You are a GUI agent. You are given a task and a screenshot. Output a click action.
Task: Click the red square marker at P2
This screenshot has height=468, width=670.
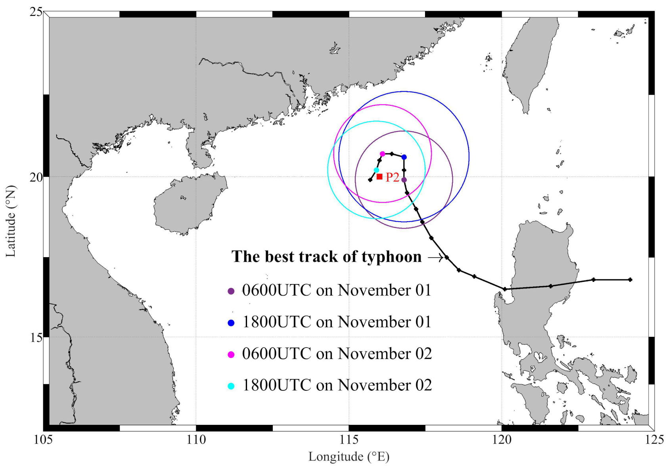pos(379,177)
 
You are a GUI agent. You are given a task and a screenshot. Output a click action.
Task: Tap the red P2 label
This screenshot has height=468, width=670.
pos(392,177)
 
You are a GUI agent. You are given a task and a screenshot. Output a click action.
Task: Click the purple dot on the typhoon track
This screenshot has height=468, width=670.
pos(404,180)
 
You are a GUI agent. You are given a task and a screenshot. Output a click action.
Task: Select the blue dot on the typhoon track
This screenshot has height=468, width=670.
pos(404,157)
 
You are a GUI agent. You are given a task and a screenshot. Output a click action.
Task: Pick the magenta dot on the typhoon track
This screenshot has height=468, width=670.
pos(383,154)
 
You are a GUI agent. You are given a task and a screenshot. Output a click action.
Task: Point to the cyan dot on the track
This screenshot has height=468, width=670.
pos(377,170)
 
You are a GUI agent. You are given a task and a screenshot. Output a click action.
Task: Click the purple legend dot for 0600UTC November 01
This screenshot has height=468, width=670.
pos(231,291)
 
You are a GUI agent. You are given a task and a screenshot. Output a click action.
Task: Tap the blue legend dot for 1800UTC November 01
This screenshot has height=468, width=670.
pos(231,323)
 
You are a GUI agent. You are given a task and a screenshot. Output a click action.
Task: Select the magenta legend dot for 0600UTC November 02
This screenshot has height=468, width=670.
pos(231,355)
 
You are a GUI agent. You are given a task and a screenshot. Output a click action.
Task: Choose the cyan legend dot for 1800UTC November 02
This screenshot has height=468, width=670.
pos(231,386)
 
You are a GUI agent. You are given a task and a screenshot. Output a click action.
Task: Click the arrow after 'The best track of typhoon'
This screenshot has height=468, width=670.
pos(435,258)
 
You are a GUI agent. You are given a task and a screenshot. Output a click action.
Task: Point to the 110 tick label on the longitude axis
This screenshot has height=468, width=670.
pos(196,440)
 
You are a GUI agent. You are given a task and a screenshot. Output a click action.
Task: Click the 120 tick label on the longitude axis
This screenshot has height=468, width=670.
pos(502,440)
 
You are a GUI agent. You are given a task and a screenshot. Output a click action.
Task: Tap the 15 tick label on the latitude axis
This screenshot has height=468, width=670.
pos(36,337)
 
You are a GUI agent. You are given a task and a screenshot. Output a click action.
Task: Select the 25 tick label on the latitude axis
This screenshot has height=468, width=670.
pos(36,12)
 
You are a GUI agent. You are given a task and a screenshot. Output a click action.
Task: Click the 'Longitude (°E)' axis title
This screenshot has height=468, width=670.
pos(349,457)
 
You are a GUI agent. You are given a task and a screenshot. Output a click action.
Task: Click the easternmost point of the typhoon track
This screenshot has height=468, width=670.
pos(630,280)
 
